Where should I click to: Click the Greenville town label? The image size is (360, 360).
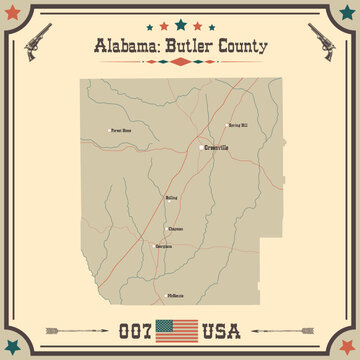[x=216, y=148]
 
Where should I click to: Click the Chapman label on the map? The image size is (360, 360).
[x=176, y=229]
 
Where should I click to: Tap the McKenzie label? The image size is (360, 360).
[x=176, y=296]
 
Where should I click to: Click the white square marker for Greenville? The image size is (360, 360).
[x=200, y=148]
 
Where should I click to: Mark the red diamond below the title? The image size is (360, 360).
[x=180, y=62]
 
